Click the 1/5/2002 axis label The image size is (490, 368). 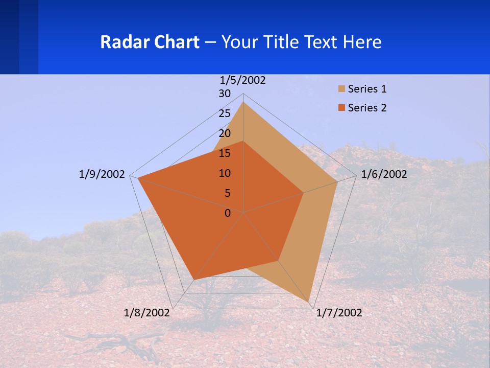point(243,80)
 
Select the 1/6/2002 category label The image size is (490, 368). point(384,174)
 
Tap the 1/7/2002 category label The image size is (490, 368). point(339,313)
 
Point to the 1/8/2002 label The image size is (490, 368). point(147,313)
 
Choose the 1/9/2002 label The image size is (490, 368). point(102,174)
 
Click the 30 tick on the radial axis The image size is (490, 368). point(225,94)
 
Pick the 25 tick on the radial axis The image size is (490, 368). point(225,113)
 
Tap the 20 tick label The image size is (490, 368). point(225,133)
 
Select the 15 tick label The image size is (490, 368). point(225,153)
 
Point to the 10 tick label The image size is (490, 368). point(225,173)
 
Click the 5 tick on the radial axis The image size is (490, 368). point(227,193)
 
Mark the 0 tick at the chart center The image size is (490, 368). point(228,213)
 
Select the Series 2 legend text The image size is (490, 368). point(367,108)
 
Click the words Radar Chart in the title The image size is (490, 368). point(150,42)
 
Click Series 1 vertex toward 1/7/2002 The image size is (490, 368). point(310,302)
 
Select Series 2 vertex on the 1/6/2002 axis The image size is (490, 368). point(303,193)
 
